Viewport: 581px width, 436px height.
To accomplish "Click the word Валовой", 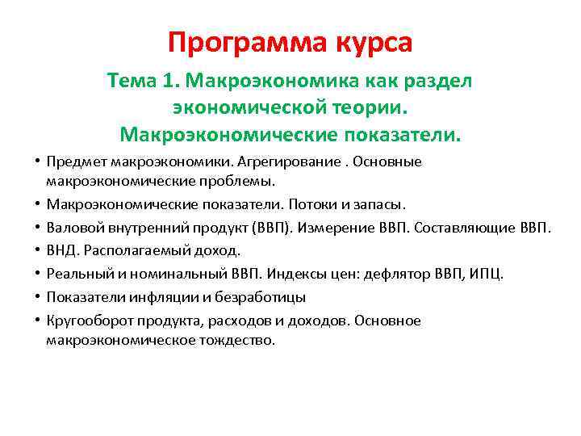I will pos(72,228).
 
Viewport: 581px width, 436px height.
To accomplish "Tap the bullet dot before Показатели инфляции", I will pos(39,296).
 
